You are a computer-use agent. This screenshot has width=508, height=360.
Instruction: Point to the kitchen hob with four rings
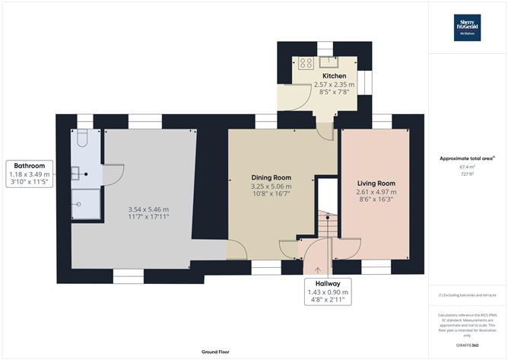coord(306,63)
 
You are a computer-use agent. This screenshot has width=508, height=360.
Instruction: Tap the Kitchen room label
coord(334,77)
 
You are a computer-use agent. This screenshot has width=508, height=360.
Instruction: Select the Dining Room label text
coord(271,177)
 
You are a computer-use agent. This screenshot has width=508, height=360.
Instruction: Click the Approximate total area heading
coord(467,158)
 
